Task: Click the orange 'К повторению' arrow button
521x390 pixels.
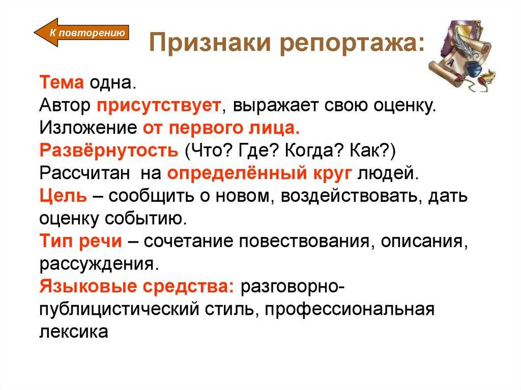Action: point(81,32)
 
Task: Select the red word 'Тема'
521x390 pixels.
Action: point(62,82)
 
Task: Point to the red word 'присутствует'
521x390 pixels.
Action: point(159,106)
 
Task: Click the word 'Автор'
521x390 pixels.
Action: point(65,105)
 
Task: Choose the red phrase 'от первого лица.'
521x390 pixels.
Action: point(221,128)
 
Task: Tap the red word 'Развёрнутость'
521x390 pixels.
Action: point(109,150)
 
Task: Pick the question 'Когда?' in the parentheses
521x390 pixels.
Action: point(313,151)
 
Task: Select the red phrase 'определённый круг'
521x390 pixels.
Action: point(259,173)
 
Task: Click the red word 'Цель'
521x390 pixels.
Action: point(63,195)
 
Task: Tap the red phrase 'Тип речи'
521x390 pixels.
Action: point(81,241)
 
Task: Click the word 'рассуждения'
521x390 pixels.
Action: point(99,264)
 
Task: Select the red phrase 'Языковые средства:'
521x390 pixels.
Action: point(137,286)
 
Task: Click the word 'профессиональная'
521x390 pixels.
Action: point(350,309)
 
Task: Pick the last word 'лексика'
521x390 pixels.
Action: point(74,331)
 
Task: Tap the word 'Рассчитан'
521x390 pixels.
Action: point(85,173)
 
